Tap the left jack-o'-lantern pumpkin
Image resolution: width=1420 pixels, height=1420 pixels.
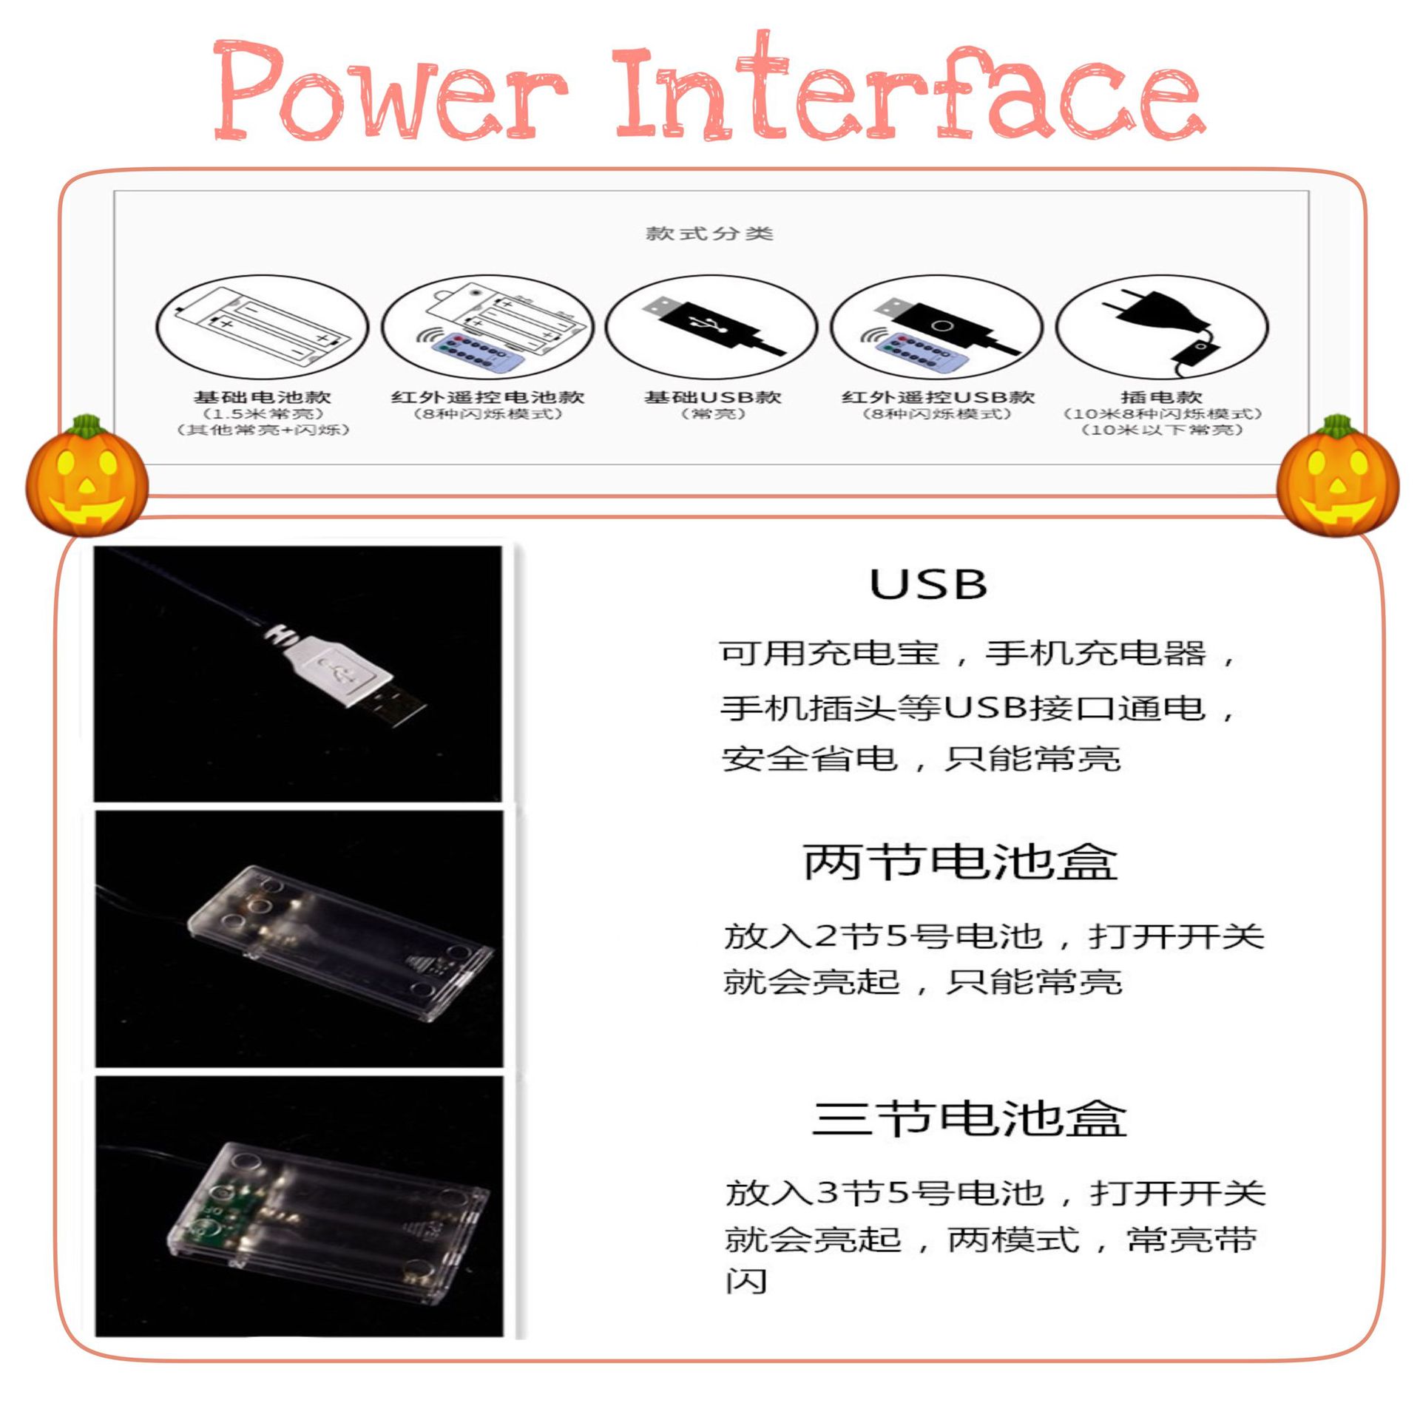(87, 476)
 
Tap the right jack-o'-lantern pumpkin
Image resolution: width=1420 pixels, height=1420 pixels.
(1338, 477)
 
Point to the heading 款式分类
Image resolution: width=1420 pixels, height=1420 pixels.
(709, 234)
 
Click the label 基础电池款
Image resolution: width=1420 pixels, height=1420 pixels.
(263, 397)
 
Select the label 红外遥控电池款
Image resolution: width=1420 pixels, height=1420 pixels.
(488, 397)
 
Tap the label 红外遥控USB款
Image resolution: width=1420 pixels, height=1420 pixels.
(938, 397)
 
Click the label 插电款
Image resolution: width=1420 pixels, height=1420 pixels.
(1162, 397)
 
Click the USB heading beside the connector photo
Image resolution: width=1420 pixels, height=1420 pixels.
(928, 585)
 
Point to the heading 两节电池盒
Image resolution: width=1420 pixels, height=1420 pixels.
(960, 862)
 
